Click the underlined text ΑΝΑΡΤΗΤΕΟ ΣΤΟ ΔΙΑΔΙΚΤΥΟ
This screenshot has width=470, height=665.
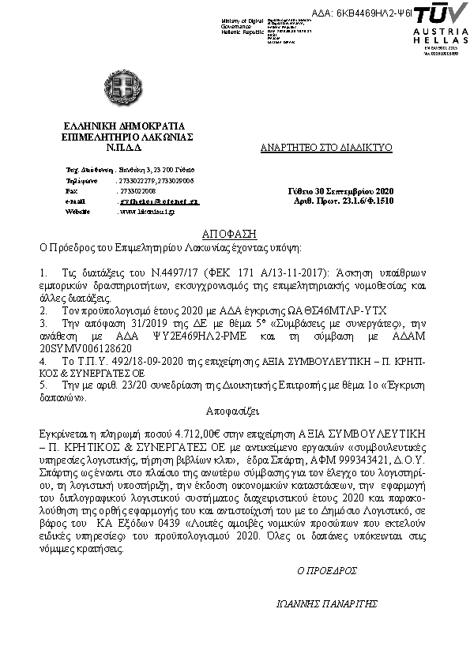click(x=325, y=148)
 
